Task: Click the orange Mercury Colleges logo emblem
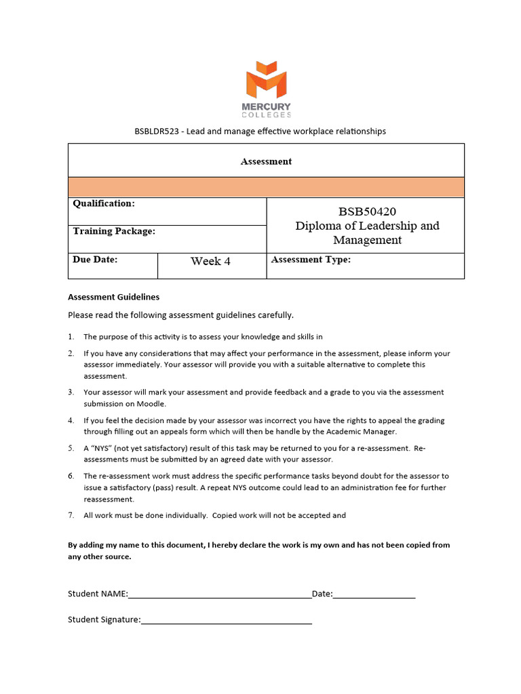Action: [266, 79]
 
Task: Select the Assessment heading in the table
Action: [266, 161]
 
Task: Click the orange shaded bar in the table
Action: [266, 187]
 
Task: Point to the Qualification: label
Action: [104, 204]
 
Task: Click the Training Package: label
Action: [114, 231]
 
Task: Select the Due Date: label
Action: [95, 260]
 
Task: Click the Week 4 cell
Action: [210, 262]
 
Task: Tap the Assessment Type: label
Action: [311, 260]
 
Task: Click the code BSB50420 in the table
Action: [367, 211]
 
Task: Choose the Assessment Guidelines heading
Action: [113, 297]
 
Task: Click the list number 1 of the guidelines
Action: [71, 337]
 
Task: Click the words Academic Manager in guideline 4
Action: [365, 432]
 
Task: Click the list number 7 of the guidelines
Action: [71, 516]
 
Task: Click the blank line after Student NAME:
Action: [219, 595]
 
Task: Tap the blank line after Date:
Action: [374, 595]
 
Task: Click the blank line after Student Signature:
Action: [226, 620]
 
